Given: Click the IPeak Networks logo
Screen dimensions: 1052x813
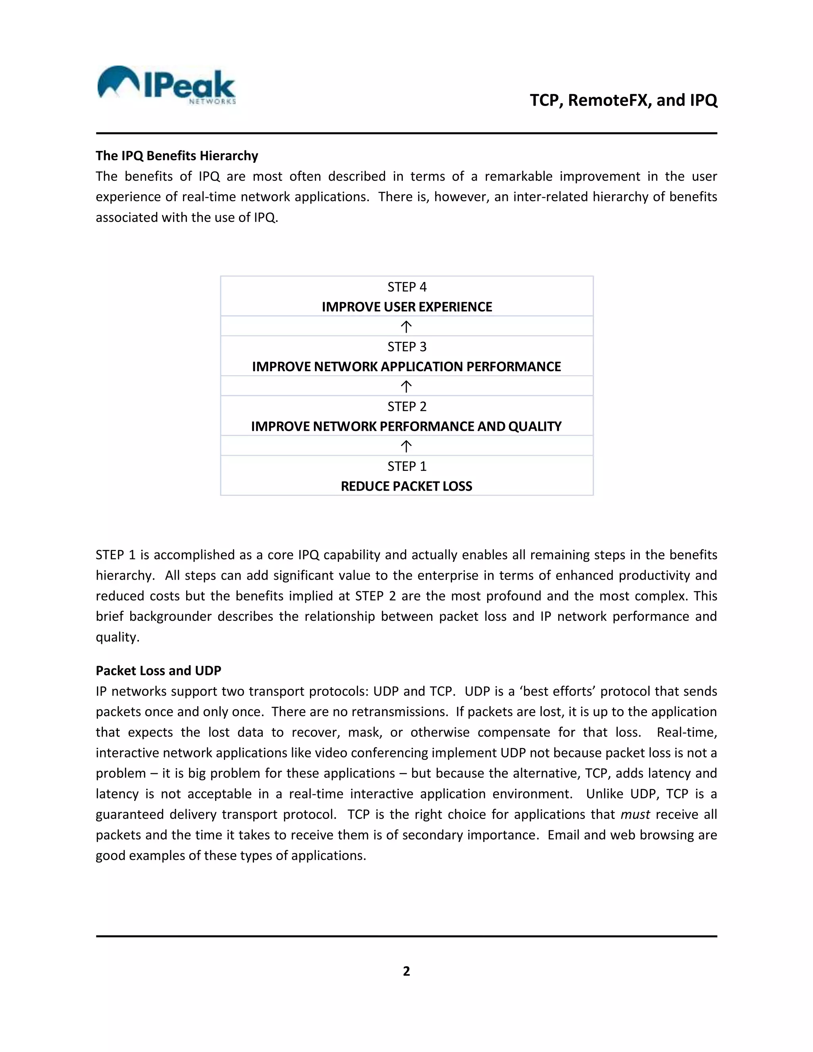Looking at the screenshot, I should (166, 85).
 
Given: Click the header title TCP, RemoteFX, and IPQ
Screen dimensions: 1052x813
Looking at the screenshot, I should (623, 100).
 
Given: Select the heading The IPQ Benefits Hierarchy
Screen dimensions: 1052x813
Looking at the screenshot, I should (177, 156).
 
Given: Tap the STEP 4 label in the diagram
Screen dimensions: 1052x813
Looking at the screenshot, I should (406, 287).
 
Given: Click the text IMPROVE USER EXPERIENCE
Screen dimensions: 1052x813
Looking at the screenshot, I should (406, 307).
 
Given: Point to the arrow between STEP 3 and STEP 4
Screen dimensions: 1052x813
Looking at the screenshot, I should (406, 327).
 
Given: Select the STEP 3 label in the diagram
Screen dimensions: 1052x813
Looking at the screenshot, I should (406, 347).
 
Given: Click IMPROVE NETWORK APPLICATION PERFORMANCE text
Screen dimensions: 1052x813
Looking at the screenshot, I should (406, 366).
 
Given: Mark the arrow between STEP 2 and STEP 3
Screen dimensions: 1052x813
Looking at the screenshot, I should (406, 387).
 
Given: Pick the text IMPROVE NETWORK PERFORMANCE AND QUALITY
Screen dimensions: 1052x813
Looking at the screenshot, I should (406, 426).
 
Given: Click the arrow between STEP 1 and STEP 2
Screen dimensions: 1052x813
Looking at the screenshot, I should (406, 447).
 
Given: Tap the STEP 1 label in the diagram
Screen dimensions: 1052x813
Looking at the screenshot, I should (406, 466).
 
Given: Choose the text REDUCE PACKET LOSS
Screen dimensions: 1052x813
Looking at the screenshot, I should (406, 486).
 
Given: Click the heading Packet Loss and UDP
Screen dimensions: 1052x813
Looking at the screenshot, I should (158, 671).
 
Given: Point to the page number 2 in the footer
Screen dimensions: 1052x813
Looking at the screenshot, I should (406, 971).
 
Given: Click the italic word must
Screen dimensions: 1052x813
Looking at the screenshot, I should (635, 815).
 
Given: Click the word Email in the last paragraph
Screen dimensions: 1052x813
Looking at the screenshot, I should (563, 835).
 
